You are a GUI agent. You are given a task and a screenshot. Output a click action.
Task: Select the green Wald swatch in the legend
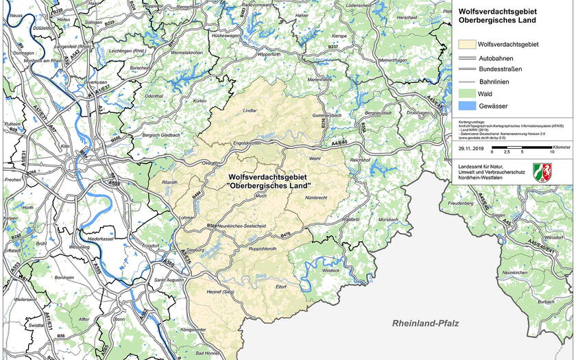(x=466, y=95)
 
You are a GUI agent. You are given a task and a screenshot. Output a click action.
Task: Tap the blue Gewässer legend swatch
(x=466, y=107)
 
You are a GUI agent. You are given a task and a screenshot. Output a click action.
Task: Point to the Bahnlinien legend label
(x=494, y=82)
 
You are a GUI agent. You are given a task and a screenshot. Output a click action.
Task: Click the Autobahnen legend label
(x=496, y=58)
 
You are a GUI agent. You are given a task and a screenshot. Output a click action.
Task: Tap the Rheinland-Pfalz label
(x=425, y=323)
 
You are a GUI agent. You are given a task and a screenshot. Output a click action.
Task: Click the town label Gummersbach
(x=326, y=115)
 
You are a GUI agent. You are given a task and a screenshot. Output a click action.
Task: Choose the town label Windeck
(x=331, y=270)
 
